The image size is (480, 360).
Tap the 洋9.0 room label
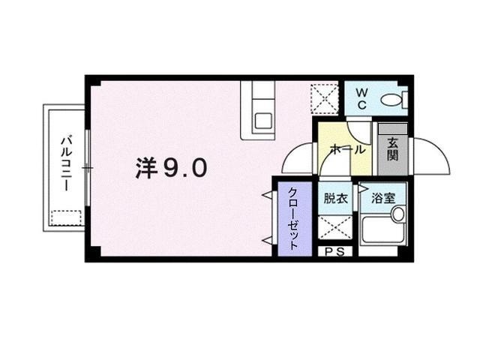click(171, 169)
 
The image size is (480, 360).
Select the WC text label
click(361, 99)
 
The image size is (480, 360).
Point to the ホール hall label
click(343, 149)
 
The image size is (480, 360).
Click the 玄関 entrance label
click(392, 149)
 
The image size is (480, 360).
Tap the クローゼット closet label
click(295, 220)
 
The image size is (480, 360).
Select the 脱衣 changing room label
click(335, 199)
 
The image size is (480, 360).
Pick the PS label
click(335, 252)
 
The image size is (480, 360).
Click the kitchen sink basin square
click(263, 121)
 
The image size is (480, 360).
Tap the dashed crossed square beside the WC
click(325, 97)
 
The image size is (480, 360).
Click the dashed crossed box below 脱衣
click(334, 226)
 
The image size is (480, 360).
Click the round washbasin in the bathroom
click(397, 213)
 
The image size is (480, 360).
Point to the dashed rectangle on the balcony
click(65, 218)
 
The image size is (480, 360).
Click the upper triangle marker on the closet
click(266, 196)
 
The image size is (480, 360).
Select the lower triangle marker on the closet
click(266, 240)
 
